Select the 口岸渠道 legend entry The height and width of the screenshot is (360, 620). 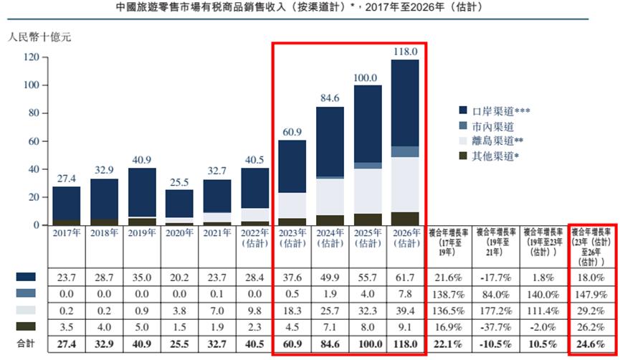pos(495,111)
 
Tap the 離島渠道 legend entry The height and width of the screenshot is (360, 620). pos(495,142)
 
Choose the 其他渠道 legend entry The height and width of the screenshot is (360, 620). pos(495,157)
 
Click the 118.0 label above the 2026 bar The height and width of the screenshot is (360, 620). pos(405,52)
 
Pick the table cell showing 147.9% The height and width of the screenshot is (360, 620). pos(591,293)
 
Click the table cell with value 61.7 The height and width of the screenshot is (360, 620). pos(405,276)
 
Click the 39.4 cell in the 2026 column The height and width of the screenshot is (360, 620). pos(405,310)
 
